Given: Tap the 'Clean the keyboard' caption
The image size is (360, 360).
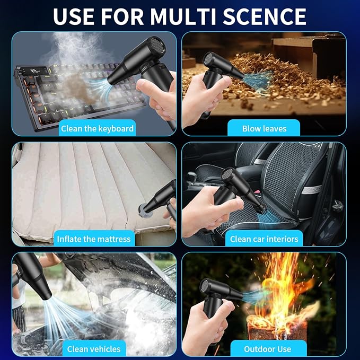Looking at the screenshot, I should (x=97, y=128).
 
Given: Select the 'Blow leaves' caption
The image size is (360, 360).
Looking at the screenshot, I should (x=264, y=128).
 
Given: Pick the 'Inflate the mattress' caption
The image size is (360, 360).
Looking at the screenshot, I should (x=93, y=239).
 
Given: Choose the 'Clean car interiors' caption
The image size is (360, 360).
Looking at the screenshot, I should (x=264, y=239).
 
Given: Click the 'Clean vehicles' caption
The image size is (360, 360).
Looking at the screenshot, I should (x=93, y=349).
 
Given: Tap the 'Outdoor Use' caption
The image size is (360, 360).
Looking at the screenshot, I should (x=268, y=349).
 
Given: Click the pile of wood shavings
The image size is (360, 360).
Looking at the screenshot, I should (x=276, y=80).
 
